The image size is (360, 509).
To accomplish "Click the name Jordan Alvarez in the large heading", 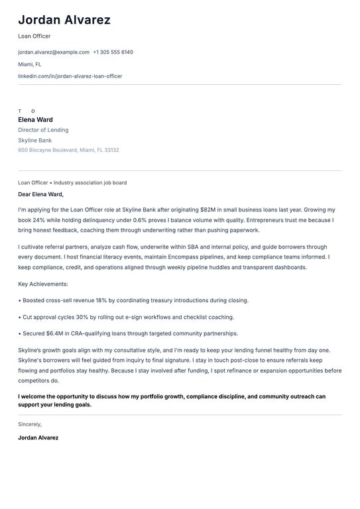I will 64,20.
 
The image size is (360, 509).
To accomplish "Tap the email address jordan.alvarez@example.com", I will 54,52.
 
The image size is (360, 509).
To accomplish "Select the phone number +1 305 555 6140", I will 113,52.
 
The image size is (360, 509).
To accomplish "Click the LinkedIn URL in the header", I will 70,76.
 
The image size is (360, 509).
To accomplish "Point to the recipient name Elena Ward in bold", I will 35,120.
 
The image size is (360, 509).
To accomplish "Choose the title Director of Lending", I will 43,130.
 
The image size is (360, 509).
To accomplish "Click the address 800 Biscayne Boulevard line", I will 68,150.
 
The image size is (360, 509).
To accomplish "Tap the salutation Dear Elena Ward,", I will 40,194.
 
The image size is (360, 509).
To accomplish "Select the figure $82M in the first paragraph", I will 218,209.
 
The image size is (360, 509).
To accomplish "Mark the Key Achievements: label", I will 43,284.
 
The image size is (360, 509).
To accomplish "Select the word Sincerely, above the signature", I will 30,424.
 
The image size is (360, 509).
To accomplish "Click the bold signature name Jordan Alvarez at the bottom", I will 38,438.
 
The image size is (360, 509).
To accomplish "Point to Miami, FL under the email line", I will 29,64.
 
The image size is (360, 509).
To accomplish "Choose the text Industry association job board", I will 90,182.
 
